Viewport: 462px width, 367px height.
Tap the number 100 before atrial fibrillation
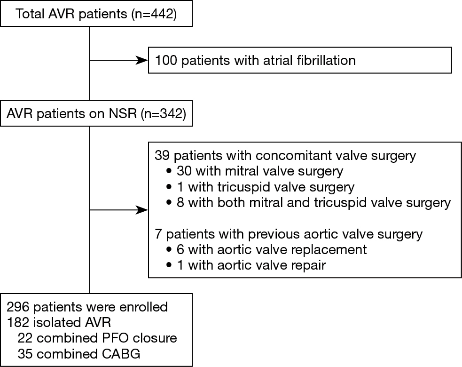[166, 61]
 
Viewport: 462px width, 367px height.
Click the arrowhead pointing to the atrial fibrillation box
[142, 61]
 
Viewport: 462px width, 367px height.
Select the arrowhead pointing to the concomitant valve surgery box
[142, 210]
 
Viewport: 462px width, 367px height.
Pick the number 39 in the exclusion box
[162, 155]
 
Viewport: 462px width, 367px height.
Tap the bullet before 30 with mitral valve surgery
[169, 171]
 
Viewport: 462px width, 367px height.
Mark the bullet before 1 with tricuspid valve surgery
[169, 187]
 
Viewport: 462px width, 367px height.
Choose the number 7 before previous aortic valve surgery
[158, 234]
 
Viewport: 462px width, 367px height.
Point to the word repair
[309, 265]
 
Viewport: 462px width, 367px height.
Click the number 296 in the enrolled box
[18, 307]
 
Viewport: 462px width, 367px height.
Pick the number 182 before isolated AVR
[18, 322]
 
